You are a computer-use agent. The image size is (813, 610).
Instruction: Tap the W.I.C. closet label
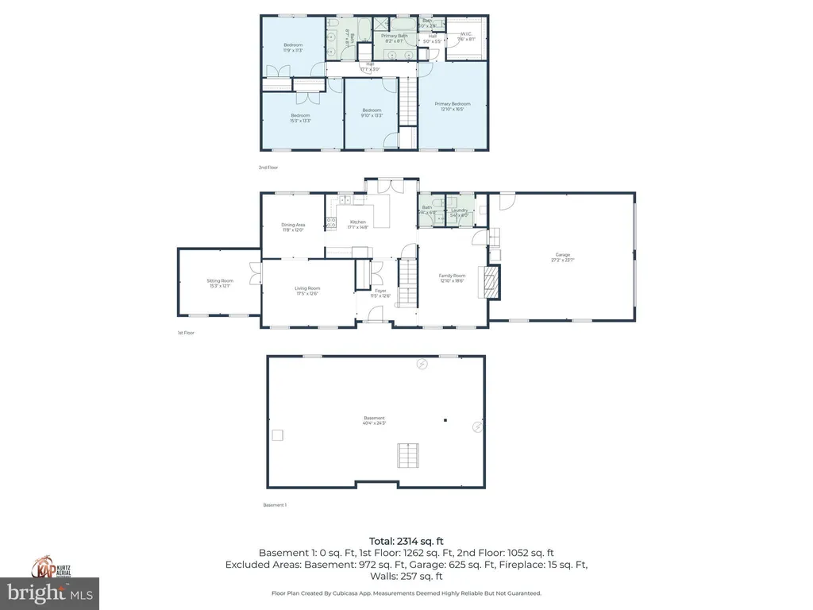pos(466,34)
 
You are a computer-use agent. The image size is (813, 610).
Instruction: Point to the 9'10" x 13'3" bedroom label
pos(372,115)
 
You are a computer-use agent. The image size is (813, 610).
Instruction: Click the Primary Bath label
pos(395,36)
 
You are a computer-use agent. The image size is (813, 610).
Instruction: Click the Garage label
pos(562,255)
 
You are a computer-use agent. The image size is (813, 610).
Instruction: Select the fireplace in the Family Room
pos(493,281)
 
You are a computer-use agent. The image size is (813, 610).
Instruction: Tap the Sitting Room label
pos(220,280)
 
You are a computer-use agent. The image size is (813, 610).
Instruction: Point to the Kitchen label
pos(359,222)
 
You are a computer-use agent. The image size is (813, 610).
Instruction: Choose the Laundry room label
pos(460,210)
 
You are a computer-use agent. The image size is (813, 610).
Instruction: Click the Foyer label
pos(381,291)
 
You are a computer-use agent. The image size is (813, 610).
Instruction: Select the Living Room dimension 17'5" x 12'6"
pos(308,294)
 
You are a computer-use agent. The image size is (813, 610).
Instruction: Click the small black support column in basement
pos(445,420)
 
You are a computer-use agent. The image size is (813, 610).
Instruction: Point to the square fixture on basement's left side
pos(278,434)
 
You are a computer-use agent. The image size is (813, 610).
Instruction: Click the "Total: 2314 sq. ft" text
pos(406,541)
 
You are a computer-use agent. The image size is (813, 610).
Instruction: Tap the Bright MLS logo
pos(49,593)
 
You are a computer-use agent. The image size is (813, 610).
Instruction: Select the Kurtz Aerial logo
pos(49,567)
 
